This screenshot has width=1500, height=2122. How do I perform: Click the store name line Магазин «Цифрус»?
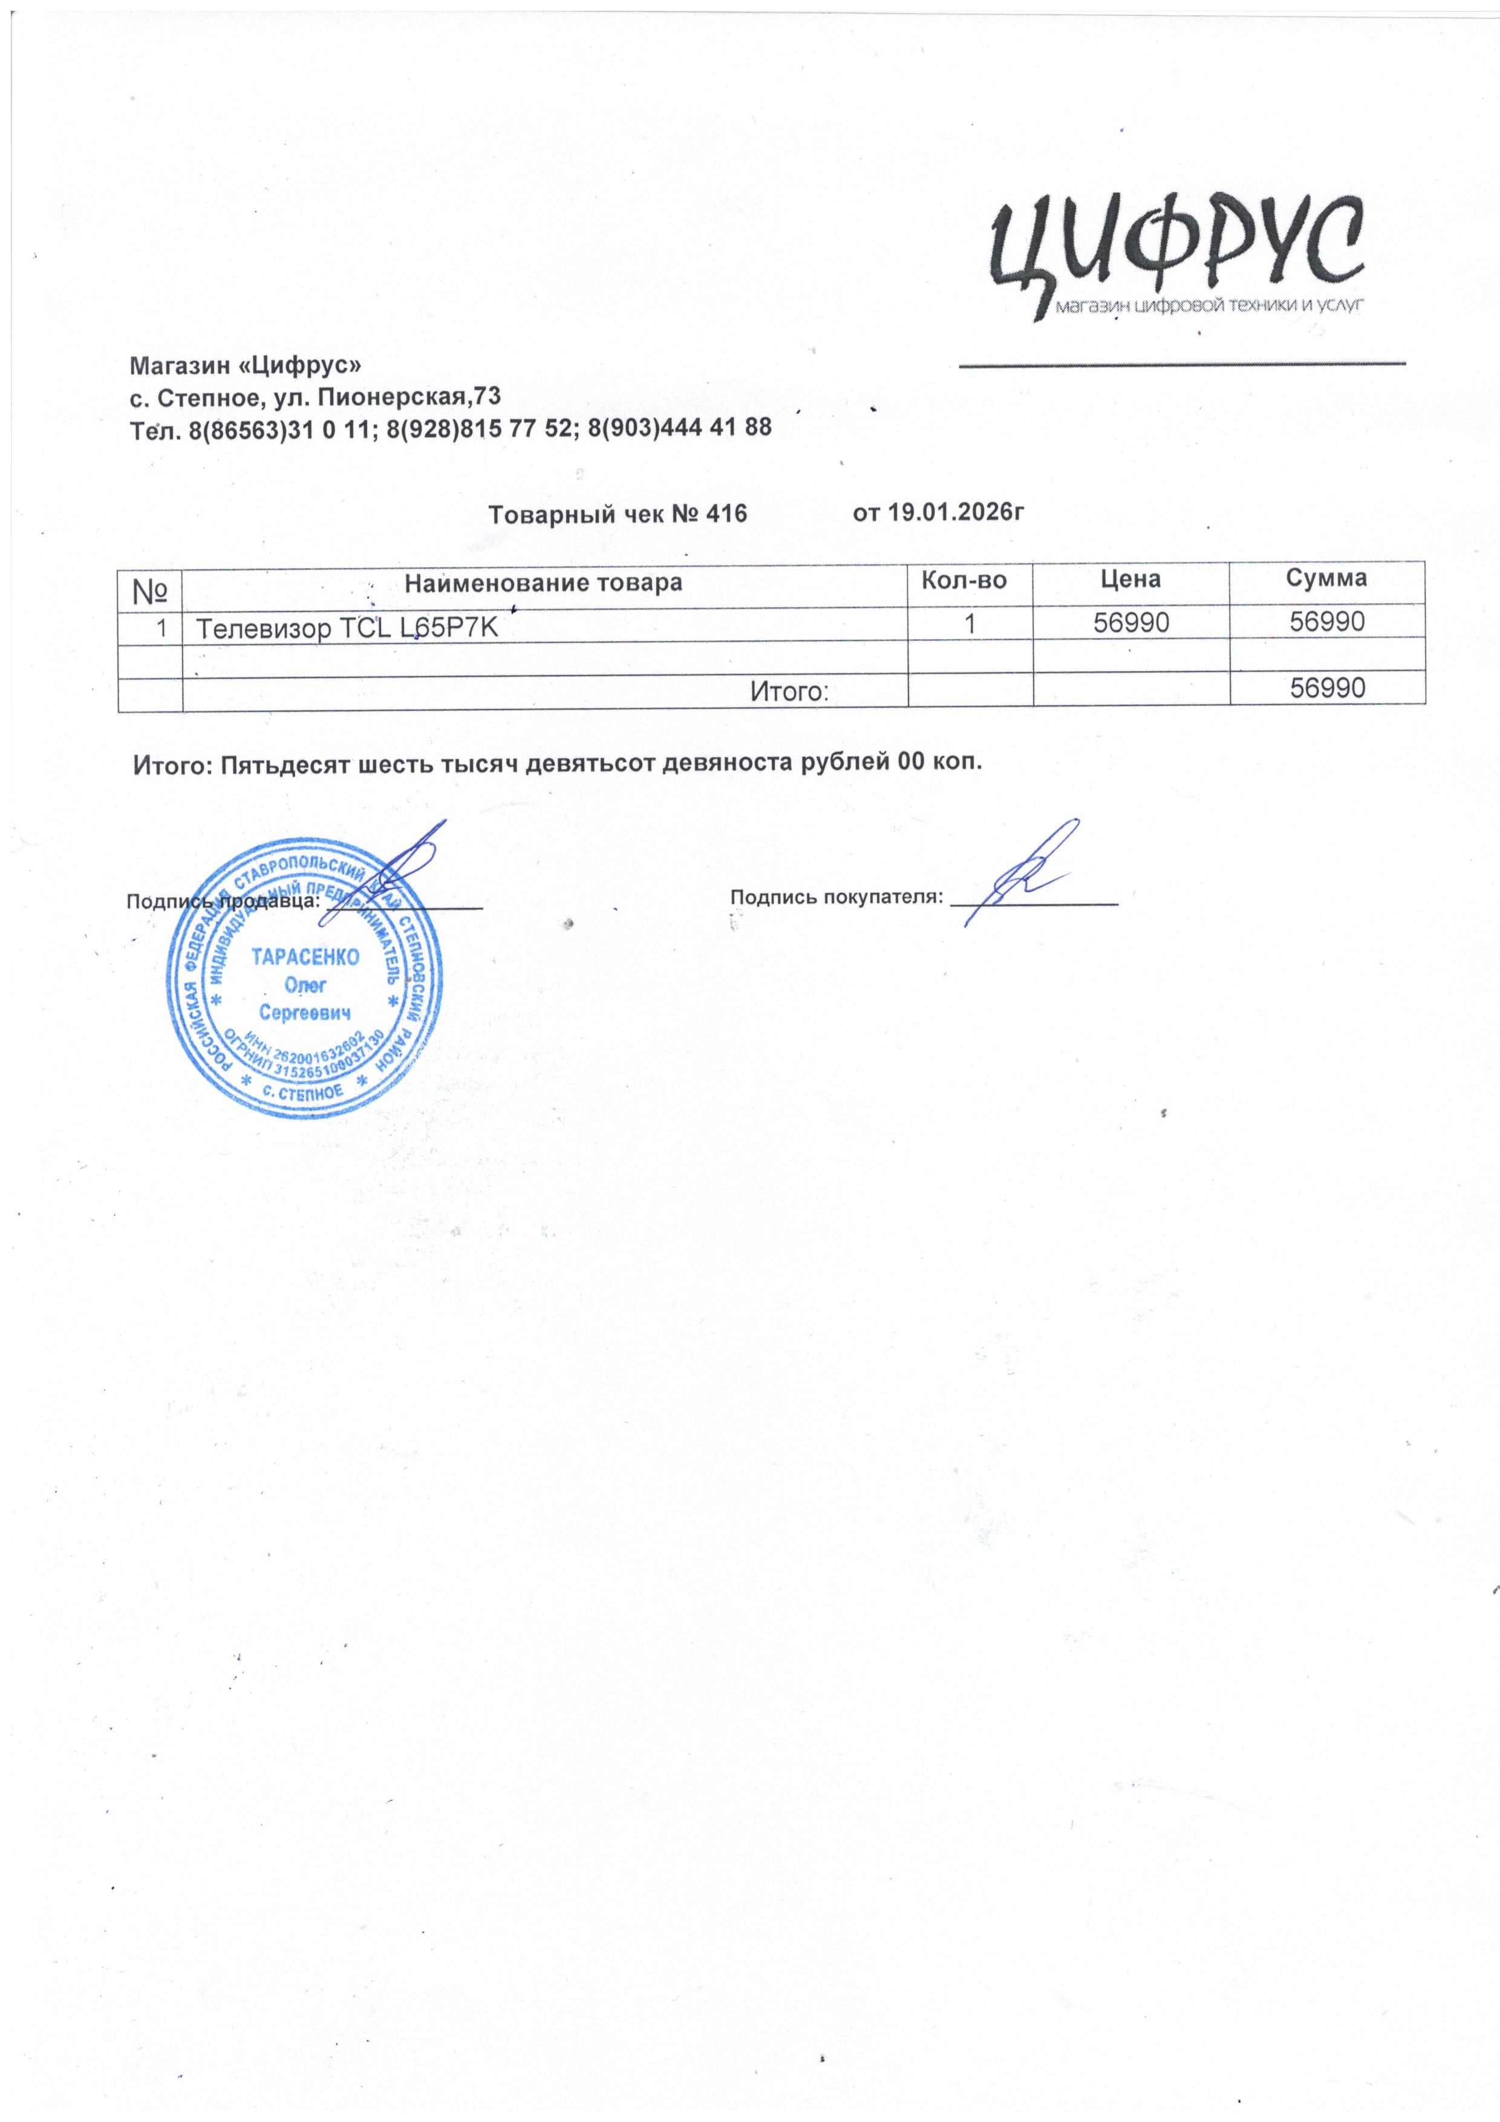(x=245, y=366)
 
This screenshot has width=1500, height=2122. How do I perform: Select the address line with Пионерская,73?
(x=315, y=397)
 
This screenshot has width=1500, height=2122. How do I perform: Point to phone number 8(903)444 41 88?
(x=679, y=428)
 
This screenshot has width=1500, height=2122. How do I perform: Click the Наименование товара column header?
(x=543, y=583)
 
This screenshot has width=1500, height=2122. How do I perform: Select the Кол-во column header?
(x=964, y=581)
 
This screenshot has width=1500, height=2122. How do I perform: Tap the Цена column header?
(x=1130, y=579)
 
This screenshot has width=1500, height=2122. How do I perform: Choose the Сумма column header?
(x=1326, y=578)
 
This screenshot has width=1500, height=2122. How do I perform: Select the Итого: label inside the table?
(x=787, y=690)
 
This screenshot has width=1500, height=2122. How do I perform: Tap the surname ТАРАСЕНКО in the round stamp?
(x=305, y=958)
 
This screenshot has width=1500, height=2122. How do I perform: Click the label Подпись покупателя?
(x=836, y=896)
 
